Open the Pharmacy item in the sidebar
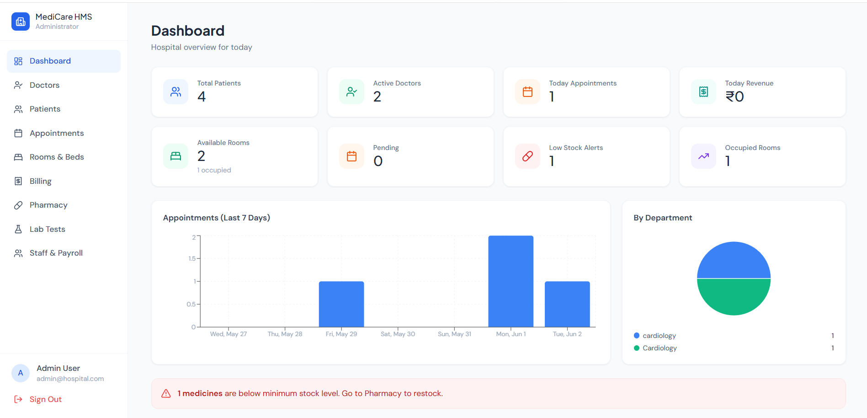48,205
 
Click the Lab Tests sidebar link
47,229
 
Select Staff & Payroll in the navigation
56,253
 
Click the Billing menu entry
40,181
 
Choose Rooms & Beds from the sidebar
57,157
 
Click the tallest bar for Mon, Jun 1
511,281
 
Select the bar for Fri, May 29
341,304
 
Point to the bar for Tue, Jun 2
567,304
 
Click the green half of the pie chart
734,297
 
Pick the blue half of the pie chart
734,260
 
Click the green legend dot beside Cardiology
637,348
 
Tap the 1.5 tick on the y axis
192,258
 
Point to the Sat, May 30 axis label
398,334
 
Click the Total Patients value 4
202,96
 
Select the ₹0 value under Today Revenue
734,96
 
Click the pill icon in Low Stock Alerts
527,156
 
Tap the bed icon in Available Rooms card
176,156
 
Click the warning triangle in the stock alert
166,393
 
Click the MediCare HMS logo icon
21,21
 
